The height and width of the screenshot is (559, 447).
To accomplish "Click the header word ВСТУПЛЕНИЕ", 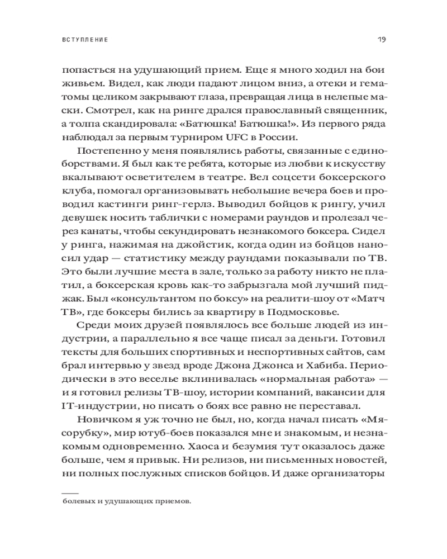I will [x=84, y=41].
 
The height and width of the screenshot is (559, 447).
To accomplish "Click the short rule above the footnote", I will [x=71, y=492].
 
